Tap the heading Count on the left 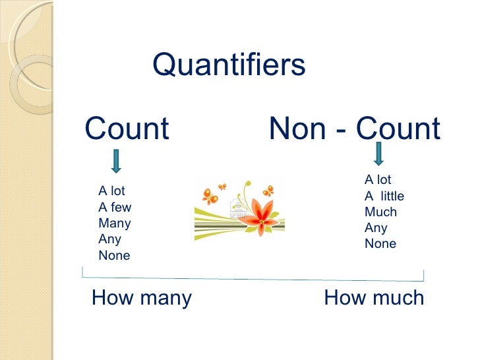[x=127, y=129]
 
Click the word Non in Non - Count [x=295, y=129]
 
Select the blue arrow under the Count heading [x=116, y=161]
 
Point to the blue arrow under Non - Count [x=378, y=153]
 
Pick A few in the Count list [x=115, y=208]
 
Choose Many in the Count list [x=115, y=224]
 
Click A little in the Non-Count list [x=384, y=196]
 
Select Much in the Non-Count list [x=380, y=212]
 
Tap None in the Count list [x=114, y=256]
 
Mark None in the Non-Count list [x=380, y=244]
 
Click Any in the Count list [x=109, y=239]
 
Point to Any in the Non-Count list [x=376, y=228]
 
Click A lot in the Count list [x=111, y=192]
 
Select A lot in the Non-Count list [x=378, y=180]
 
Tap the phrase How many [x=142, y=298]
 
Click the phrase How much [x=374, y=298]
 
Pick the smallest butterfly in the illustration [x=222, y=187]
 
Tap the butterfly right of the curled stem [x=268, y=191]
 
